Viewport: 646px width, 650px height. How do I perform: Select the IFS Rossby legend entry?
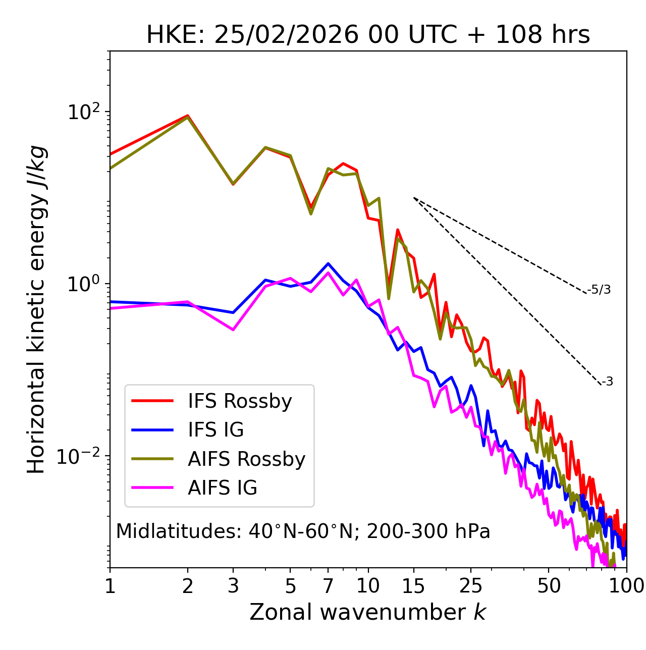[x=240, y=401]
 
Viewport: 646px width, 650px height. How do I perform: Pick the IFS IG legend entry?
[x=216, y=430]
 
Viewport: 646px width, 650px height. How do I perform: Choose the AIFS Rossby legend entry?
[x=246, y=459]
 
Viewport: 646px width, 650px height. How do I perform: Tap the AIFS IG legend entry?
[x=222, y=488]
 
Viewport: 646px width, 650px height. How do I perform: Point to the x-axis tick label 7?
[x=328, y=586]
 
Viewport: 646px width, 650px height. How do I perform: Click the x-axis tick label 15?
[x=414, y=586]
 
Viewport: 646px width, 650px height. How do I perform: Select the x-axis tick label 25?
[x=471, y=586]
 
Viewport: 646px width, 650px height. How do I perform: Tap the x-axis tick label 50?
[x=549, y=586]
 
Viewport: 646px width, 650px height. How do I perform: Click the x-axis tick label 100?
[x=626, y=586]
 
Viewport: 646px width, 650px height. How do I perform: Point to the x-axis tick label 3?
[x=233, y=586]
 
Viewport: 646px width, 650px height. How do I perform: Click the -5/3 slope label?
[x=599, y=290]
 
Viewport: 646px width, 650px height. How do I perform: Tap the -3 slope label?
[x=607, y=382]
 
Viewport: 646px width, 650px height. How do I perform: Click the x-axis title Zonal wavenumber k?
[x=368, y=613]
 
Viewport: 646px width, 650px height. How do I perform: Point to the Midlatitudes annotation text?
[x=303, y=531]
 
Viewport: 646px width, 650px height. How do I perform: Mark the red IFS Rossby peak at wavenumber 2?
[x=188, y=116]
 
